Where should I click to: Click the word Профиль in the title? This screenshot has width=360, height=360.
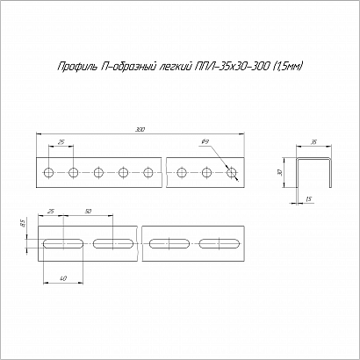click(x=76, y=66)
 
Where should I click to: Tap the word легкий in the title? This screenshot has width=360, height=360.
click(x=175, y=67)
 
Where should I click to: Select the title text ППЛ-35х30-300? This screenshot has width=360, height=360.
click(x=232, y=66)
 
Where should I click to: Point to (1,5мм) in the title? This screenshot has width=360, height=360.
click(x=287, y=67)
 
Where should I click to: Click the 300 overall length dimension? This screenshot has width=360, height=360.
click(x=140, y=130)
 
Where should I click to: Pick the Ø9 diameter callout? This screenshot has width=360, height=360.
click(x=205, y=142)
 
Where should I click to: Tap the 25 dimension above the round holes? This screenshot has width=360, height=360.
click(x=61, y=142)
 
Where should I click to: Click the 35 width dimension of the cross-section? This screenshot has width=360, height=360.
click(x=313, y=142)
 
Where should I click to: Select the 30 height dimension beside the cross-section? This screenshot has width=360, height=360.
click(x=280, y=173)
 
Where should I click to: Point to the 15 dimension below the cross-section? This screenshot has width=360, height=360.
click(x=308, y=199)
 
